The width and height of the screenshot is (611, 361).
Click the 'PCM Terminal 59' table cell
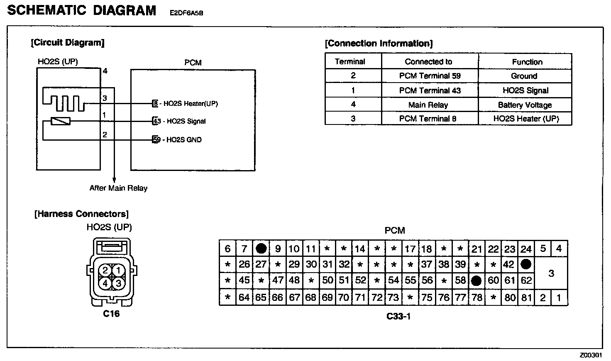click(430, 76)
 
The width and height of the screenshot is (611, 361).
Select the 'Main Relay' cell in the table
click(428, 105)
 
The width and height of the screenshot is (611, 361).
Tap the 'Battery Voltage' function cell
click(525, 105)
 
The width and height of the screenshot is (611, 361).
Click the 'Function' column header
click(527, 62)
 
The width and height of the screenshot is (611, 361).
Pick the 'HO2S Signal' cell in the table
click(525, 90)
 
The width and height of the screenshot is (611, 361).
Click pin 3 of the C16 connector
click(118, 283)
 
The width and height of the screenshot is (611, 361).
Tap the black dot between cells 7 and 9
click(261, 248)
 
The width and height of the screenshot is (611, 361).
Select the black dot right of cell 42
click(526, 264)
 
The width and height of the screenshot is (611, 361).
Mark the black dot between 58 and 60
click(477, 281)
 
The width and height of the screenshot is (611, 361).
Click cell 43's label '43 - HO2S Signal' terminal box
click(156, 121)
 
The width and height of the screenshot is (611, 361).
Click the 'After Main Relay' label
click(118, 188)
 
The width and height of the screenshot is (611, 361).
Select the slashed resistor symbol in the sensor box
click(61, 121)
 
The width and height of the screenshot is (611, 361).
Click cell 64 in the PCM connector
click(244, 298)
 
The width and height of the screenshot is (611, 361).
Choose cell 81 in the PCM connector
click(526, 298)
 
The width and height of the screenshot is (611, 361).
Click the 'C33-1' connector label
click(398, 316)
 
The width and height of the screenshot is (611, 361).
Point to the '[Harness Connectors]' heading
click(81, 214)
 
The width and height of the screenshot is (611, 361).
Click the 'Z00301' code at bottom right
click(591, 355)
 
